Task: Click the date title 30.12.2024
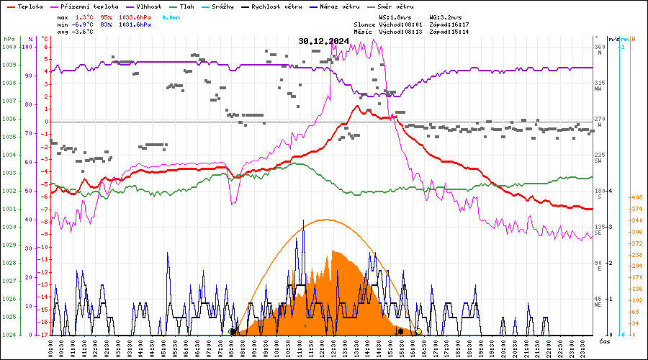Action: [x=323, y=41]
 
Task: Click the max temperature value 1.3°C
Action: [x=85, y=17]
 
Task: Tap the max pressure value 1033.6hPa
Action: [x=135, y=17]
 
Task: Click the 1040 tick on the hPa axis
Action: [x=9, y=48]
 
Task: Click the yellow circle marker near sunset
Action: [x=418, y=332]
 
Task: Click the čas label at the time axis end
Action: [x=605, y=340]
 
